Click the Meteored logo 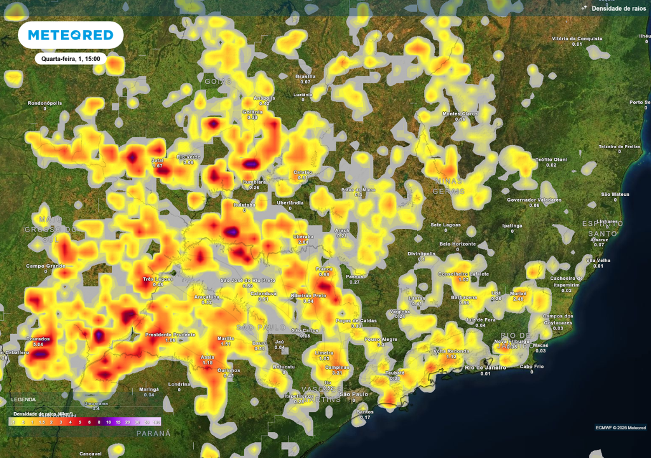[x=70, y=35]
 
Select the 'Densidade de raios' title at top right [x=619, y=8]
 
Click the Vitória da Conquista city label [x=577, y=38]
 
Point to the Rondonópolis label [x=45, y=102]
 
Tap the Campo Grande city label [x=46, y=265]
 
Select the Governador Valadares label [x=534, y=200]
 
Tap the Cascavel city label [x=90, y=454]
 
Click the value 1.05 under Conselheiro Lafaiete [x=463, y=280]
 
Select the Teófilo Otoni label [x=551, y=159]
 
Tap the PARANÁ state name [x=153, y=433]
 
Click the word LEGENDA [x=23, y=399]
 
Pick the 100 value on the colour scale [x=156, y=422]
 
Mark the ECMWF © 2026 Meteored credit [x=620, y=427]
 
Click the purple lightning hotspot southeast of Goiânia [x=252, y=164]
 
